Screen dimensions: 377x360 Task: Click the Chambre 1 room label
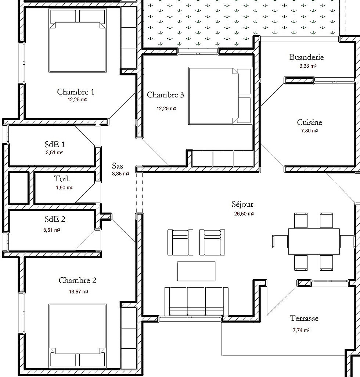75,92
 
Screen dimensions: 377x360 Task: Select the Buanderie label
306,57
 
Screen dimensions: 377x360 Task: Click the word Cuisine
309,122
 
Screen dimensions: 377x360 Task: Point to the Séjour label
242,204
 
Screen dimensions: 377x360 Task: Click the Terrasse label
304,319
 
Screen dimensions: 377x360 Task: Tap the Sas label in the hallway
118,166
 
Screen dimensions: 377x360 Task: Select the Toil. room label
62,179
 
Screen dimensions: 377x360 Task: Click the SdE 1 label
55,144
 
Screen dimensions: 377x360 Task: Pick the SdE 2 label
55,219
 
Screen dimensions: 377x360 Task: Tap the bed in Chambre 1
78,46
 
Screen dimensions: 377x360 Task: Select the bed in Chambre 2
78,335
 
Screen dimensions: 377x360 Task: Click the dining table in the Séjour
314,241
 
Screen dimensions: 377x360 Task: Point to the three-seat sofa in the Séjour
196,301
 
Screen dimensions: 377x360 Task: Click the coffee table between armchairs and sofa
196,271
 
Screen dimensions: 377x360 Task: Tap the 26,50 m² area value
244,214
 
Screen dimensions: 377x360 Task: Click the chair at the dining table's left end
279,241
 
